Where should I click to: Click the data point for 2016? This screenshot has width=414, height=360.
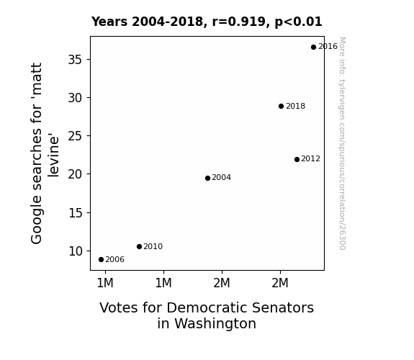pyautogui.click(x=313, y=48)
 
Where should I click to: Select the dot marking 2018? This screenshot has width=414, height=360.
pyautogui.click(x=282, y=106)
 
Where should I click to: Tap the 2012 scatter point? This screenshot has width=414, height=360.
pyautogui.click(x=297, y=160)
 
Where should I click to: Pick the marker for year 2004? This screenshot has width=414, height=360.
pyautogui.click(x=207, y=179)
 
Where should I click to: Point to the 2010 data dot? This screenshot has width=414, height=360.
pyautogui.click(x=140, y=247)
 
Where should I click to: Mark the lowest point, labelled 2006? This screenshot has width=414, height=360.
pyautogui.click(x=101, y=260)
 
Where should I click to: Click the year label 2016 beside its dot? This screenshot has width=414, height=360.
pyautogui.click(x=328, y=47)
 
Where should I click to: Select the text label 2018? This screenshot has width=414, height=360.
pyautogui.click(x=295, y=106)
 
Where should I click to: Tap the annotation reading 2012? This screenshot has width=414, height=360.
pyautogui.click(x=311, y=158)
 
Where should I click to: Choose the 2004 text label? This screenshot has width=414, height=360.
pyautogui.click(x=222, y=178)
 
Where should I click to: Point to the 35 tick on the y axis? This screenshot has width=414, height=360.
pyautogui.click(x=76, y=60)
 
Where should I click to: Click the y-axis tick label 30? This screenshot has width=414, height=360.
pyautogui.click(x=76, y=98)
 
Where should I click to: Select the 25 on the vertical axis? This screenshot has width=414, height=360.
pyautogui.click(x=76, y=136)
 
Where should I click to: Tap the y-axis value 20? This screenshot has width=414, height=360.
pyautogui.click(x=76, y=174)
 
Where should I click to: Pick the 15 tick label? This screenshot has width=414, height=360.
pyautogui.click(x=76, y=213)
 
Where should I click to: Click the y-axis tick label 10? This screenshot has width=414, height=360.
pyautogui.click(x=76, y=251)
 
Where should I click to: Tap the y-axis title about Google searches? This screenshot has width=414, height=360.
pyautogui.click(x=45, y=153)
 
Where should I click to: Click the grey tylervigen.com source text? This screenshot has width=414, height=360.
pyautogui.click(x=343, y=143)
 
